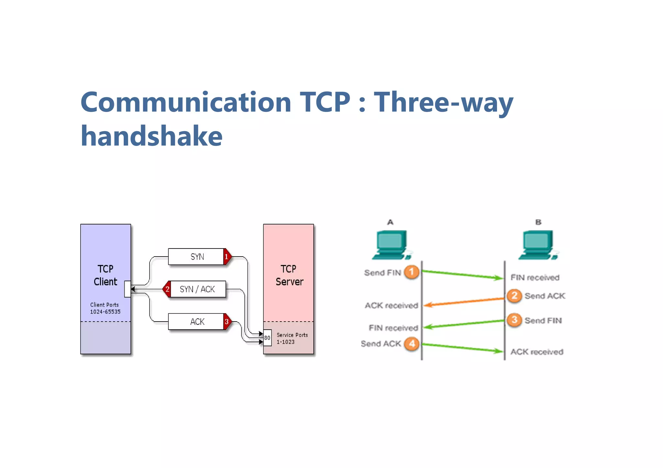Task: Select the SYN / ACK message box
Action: (x=197, y=289)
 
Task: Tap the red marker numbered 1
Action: (x=227, y=257)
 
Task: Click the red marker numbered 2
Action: (x=167, y=289)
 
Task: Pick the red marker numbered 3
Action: (x=227, y=322)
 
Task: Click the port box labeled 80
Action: (x=267, y=338)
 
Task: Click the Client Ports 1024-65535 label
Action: (x=105, y=308)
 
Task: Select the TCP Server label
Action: (x=289, y=275)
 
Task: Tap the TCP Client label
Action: (x=105, y=275)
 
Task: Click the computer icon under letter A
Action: (x=391, y=245)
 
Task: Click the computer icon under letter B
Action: (x=538, y=245)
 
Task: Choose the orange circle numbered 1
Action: (x=411, y=272)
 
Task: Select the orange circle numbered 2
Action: (x=514, y=295)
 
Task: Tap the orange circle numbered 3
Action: (x=514, y=320)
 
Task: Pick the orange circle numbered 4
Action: (x=411, y=344)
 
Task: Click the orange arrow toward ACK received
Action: (x=464, y=302)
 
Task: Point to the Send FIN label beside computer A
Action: (x=382, y=273)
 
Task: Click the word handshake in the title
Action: (x=152, y=136)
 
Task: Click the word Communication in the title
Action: (x=186, y=102)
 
